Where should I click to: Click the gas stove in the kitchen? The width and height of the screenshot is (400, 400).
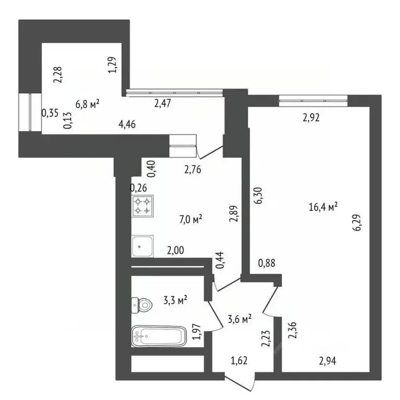point(143,205)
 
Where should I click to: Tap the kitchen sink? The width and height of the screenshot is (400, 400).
point(142,246)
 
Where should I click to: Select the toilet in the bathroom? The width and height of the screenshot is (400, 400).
point(142,304)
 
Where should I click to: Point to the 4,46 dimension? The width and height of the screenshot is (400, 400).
point(129,124)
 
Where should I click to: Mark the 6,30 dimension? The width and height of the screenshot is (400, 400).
point(257,197)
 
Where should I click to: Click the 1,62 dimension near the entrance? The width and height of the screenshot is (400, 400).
point(239,359)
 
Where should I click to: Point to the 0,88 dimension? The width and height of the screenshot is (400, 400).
point(267,264)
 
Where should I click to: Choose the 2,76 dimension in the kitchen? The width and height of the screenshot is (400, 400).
point(193,169)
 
